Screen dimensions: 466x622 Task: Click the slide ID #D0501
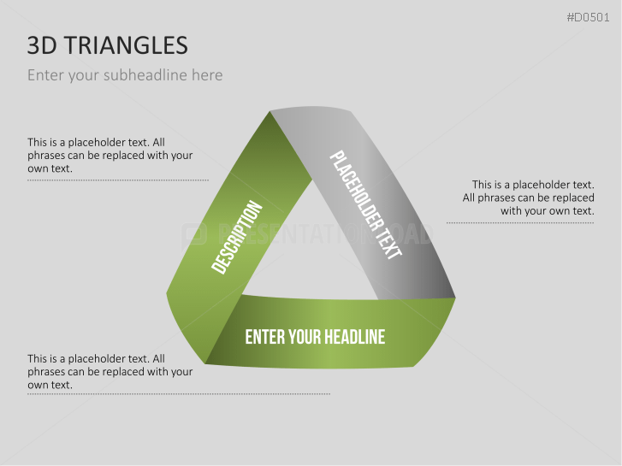[x=590, y=17]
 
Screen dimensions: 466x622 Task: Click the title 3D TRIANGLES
[x=108, y=46]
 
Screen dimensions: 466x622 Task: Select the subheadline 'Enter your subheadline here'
[x=125, y=75]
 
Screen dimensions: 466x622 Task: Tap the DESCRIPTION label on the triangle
[x=237, y=238]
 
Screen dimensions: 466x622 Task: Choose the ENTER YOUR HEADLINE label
[x=315, y=337]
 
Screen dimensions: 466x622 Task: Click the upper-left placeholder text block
[x=110, y=156]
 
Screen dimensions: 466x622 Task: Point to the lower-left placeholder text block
[x=110, y=372]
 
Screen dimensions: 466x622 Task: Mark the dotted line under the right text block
[x=520, y=223]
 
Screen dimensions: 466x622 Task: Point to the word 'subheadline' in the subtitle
[x=143, y=75]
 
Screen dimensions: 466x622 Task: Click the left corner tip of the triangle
[x=169, y=295]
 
